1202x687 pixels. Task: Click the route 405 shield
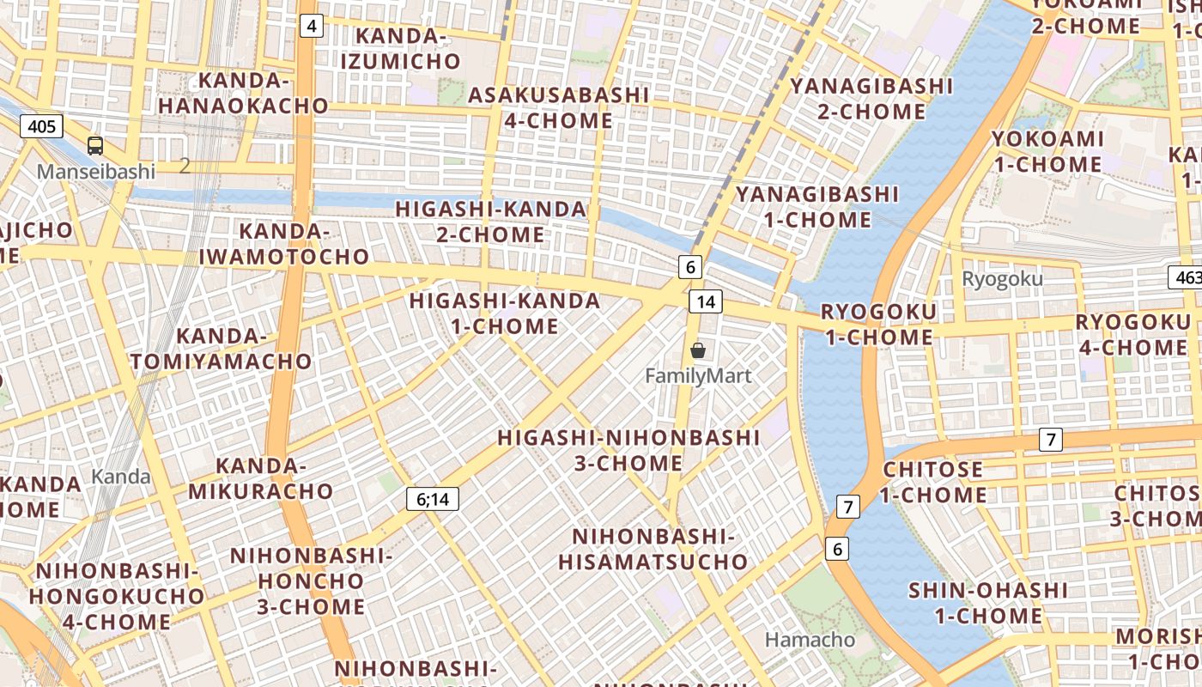[41, 127]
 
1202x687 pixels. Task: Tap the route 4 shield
[311, 26]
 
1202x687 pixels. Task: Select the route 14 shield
[705, 301]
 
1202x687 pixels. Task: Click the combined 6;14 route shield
[433, 499]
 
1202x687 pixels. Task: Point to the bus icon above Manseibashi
[95, 146]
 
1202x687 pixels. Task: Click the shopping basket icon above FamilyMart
[698, 350]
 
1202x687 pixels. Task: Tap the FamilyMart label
[698, 376]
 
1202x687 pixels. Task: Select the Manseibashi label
[96, 172]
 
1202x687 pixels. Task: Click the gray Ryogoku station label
[1002, 279]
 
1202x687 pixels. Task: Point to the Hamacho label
[810, 640]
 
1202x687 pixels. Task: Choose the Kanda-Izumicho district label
[401, 49]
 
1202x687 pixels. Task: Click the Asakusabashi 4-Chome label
[558, 107]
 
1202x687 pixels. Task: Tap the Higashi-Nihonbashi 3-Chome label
[628, 450]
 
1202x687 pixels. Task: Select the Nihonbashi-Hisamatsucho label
[653, 550]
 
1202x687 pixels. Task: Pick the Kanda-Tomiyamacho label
[222, 349]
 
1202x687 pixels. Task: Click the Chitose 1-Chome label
[932, 482]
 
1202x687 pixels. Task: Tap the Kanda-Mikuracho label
[260, 478]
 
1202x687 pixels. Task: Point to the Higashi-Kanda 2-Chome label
[491, 222]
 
